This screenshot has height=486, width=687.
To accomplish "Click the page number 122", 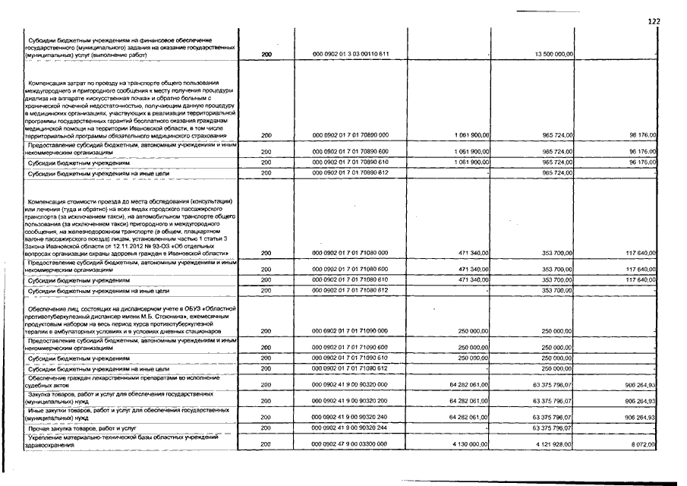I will [x=654, y=22].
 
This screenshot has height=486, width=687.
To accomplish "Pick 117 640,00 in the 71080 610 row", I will [x=638, y=280].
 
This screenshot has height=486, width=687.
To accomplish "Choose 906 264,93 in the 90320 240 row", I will [x=638, y=418].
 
